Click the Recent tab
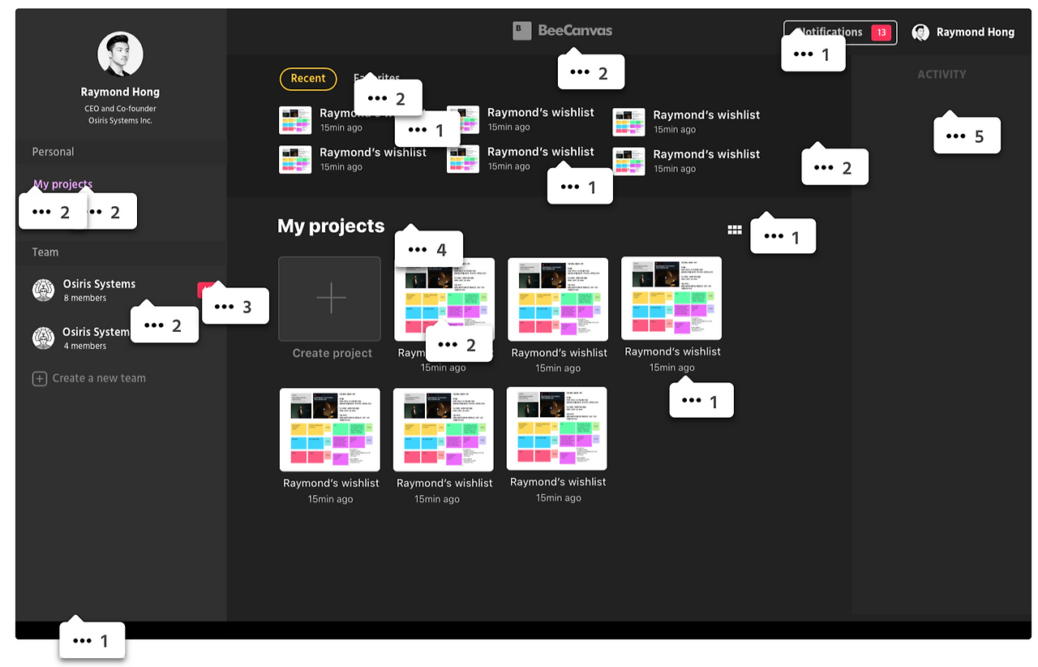tap(308, 79)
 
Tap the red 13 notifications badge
tap(881, 32)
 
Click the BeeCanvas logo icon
tap(522, 31)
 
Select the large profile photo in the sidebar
tap(121, 55)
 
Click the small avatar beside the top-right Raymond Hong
tap(920, 32)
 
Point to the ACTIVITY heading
tap(941, 75)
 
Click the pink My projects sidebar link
tap(63, 184)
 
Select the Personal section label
tap(53, 152)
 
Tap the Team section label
tap(45, 252)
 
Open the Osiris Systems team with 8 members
tap(99, 284)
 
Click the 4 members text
tap(84, 346)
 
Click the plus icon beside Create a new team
tap(39, 379)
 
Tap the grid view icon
tap(735, 230)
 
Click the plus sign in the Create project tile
tap(330, 299)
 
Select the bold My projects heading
tap(331, 226)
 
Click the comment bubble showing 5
tap(967, 136)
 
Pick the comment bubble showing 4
tap(428, 249)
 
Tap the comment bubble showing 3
tap(235, 307)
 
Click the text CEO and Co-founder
tap(120, 109)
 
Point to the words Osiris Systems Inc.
tap(120, 121)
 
